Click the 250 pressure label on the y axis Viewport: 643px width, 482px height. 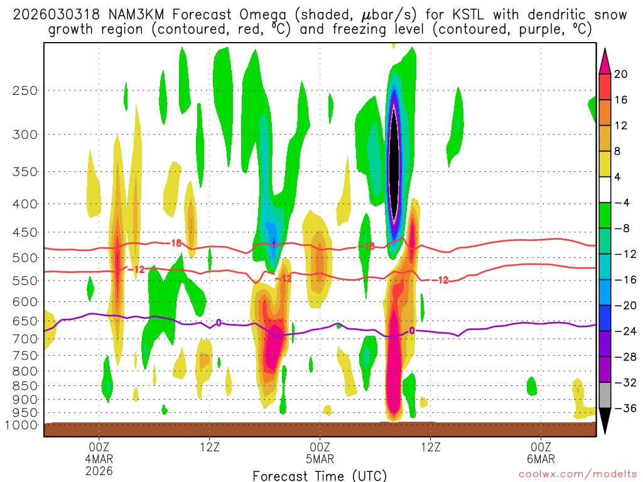(24, 90)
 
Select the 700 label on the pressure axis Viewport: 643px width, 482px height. (24, 339)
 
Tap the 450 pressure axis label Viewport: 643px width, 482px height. (24, 232)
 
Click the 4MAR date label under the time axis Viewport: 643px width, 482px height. (99, 458)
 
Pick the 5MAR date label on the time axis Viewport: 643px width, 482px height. (320, 458)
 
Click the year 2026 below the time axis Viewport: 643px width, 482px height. (99, 470)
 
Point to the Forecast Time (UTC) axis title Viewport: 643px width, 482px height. (320, 475)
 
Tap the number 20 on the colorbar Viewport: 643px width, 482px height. (620, 74)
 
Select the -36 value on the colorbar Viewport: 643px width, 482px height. (623, 409)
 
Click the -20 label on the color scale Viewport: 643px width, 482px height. (623, 306)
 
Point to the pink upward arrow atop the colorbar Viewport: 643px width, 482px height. (605, 60)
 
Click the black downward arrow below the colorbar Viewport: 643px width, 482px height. (605, 421)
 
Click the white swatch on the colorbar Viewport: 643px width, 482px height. (605, 190)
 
